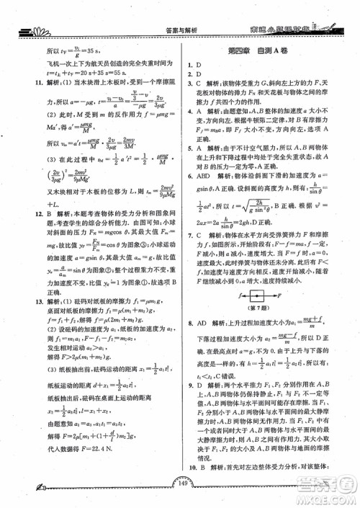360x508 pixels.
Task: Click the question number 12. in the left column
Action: coord(30,213)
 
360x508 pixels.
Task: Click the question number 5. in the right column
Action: coord(189,146)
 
